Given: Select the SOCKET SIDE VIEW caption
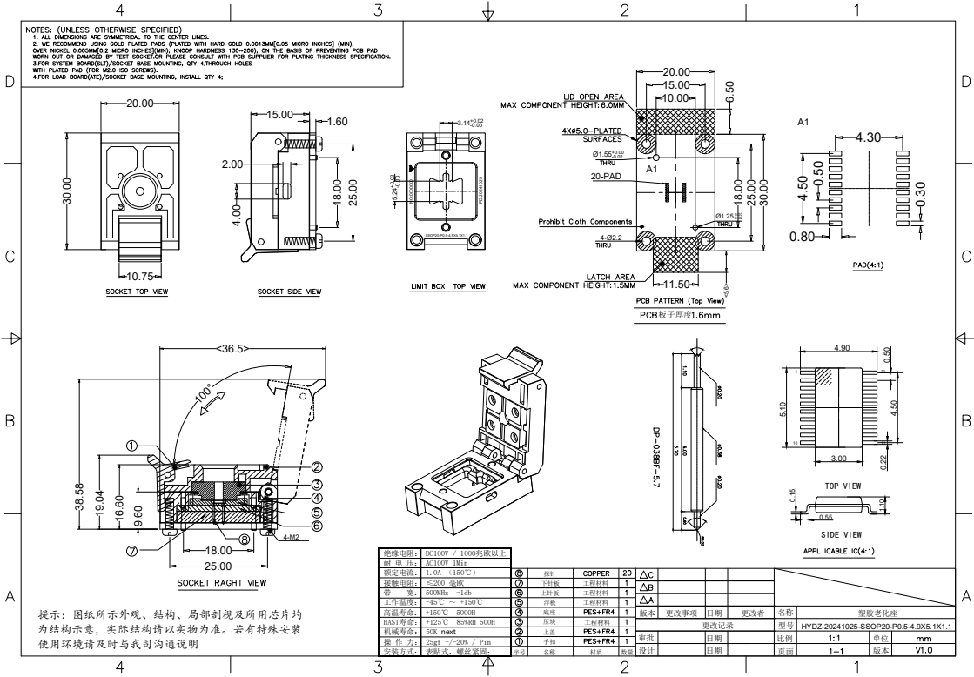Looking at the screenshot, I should (x=289, y=292).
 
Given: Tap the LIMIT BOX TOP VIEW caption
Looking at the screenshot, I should (x=447, y=285).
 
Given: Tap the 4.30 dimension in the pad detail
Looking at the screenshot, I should (x=868, y=137).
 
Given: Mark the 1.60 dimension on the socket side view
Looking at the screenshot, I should (x=335, y=122).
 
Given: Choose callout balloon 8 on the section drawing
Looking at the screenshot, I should (x=245, y=540).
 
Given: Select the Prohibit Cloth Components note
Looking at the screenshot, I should (x=585, y=222).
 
